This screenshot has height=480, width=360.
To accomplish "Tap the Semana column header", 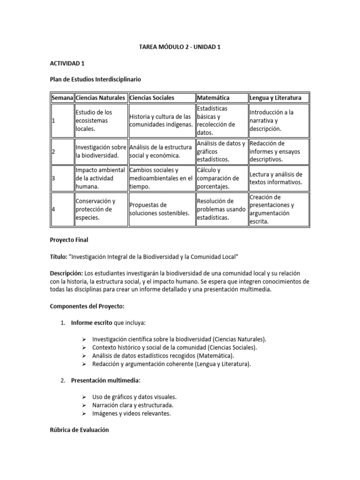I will [62, 98].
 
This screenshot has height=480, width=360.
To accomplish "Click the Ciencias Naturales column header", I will [100, 98].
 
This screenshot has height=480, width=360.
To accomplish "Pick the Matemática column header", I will [213, 98].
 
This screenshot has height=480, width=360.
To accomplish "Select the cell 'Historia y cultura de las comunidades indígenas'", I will [160, 120].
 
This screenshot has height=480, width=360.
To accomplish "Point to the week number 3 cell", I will [54, 179].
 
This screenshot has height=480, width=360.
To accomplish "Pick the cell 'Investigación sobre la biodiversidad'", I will [101, 151].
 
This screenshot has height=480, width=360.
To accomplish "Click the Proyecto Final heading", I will [69, 240].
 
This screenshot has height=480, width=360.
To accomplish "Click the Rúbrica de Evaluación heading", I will [79, 430].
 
